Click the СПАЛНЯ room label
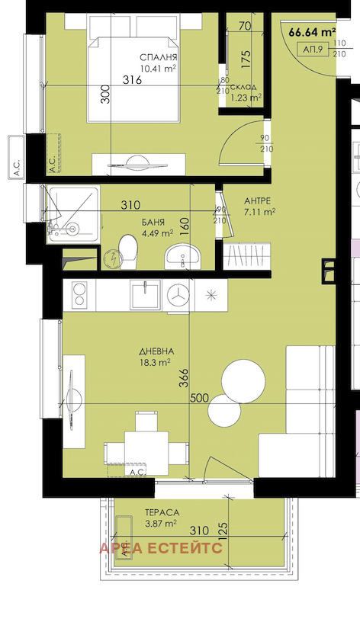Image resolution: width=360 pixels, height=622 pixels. point(158,58)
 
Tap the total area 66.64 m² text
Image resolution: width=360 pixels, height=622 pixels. point(313,32)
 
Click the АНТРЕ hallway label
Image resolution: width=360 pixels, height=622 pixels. point(257,200)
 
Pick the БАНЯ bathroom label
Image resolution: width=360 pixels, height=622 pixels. point(153,223)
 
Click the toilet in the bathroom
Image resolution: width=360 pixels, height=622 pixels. point(128,252)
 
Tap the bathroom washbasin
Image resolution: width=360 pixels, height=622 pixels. point(183,256)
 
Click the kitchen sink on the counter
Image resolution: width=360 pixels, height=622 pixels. point(146,294)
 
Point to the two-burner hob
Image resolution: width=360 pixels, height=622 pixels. point(80,294)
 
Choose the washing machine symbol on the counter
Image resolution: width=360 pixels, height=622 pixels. point(178,295)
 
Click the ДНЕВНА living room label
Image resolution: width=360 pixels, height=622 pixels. point(156,351)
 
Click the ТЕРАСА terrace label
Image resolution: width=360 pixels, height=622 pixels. point(162,512)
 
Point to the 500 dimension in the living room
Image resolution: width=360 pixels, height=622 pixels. point(200,398)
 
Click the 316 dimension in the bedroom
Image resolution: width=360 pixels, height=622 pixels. point(132,80)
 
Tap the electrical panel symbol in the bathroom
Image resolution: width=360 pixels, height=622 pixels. point(114,260)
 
